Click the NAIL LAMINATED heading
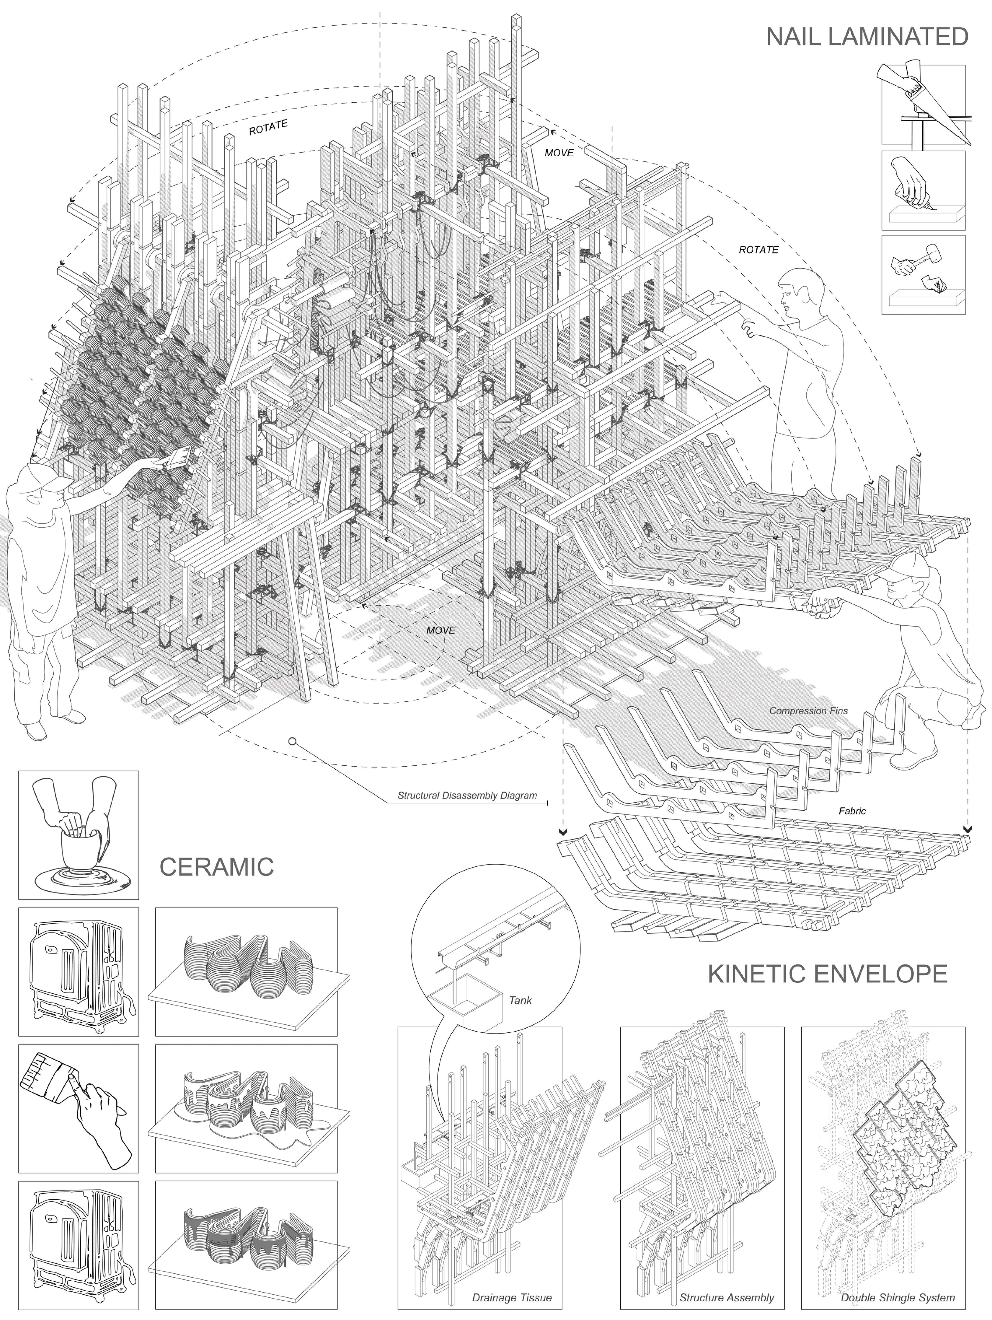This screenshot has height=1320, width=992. [x=867, y=37]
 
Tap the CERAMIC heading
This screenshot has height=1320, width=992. [x=217, y=866]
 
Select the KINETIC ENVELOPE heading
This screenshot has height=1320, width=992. [x=827, y=974]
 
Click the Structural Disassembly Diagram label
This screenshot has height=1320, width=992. [x=467, y=796]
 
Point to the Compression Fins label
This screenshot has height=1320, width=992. [x=808, y=711]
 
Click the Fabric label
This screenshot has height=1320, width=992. [x=852, y=811]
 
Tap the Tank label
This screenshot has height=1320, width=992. [x=520, y=1000]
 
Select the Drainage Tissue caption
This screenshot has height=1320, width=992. [x=512, y=1297]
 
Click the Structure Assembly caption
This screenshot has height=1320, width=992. [x=727, y=1297]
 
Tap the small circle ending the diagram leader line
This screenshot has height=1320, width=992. [x=292, y=742]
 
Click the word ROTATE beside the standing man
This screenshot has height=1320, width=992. [x=758, y=249]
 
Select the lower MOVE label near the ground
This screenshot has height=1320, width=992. [x=441, y=630]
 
